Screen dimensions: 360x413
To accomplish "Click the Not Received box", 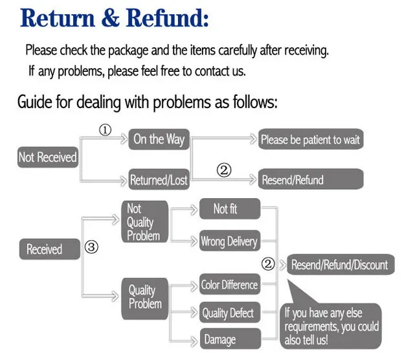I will [x=47, y=157].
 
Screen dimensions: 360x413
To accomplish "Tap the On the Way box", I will [x=159, y=139].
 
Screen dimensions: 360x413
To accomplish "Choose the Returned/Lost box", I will [x=159, y=180].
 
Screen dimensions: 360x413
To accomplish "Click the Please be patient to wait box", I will [x=310, y=139].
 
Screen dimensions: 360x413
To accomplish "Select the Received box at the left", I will [x=44, y=249].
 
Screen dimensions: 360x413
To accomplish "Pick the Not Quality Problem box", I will [x=144, y=222].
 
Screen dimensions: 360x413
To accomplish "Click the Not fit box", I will [x=229, y=208].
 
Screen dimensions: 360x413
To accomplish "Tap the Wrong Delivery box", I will [x=229, y=242].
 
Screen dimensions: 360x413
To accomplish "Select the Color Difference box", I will [x=229, y=284].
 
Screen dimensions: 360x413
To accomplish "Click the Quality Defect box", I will [x=229, y=313].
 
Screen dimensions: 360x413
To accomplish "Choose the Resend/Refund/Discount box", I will [x=339, y=264].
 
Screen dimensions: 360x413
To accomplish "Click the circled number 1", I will [x=105, y=130].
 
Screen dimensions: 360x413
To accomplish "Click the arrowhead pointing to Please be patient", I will [x=253, y=139].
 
